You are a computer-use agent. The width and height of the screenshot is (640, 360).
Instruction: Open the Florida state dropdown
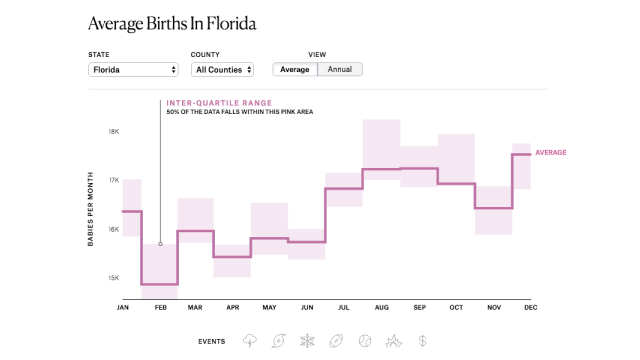(133, 70)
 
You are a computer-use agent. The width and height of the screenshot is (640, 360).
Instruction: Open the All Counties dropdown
(222, 70)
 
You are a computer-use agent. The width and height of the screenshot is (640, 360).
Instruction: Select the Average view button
(294, 70)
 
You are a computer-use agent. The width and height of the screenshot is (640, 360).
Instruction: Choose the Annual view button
(340, 70)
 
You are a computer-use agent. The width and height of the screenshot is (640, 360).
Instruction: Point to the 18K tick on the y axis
(114, 131)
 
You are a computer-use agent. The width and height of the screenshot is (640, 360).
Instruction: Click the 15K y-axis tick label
(114, 278)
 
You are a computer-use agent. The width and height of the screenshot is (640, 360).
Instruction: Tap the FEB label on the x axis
(159, 308)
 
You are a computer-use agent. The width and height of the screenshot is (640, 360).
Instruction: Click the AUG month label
(380, 308)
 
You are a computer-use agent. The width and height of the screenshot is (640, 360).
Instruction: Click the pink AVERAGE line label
(551, 153)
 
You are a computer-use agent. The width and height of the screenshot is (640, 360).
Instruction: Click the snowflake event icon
(307, 341)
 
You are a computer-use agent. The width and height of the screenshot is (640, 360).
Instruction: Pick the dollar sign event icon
(423, 341)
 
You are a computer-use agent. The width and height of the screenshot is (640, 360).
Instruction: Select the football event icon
(336, 341)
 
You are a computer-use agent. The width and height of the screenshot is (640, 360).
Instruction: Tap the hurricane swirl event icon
(278, 341)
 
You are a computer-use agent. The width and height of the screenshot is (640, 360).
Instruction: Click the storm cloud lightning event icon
(249, 341)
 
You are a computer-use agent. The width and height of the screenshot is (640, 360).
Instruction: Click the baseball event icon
(365, 341)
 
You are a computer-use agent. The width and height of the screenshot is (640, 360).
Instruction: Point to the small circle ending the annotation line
(160, 243)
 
